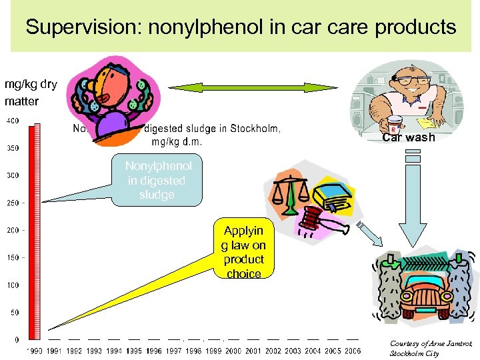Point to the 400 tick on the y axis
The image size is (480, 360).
(12, 121)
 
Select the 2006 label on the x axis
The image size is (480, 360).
(352, 351)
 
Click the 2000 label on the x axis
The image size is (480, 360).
(233, 351)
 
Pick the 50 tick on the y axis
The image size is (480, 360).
(14, 312)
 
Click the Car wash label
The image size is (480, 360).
(408, 138)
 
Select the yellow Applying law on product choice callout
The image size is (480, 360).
(243, 252)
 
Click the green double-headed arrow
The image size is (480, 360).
(242, 88)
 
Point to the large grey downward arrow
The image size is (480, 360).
(413, 200)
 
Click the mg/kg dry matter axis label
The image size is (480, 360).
(30, 93)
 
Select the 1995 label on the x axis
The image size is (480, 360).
(135, 351)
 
